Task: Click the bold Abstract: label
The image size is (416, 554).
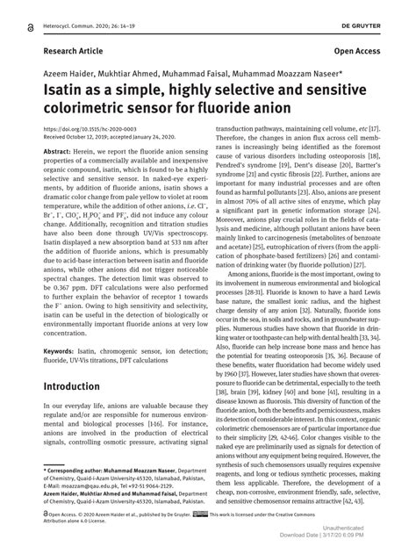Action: [57, 152]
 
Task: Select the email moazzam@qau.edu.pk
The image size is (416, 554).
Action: [84, 485]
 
